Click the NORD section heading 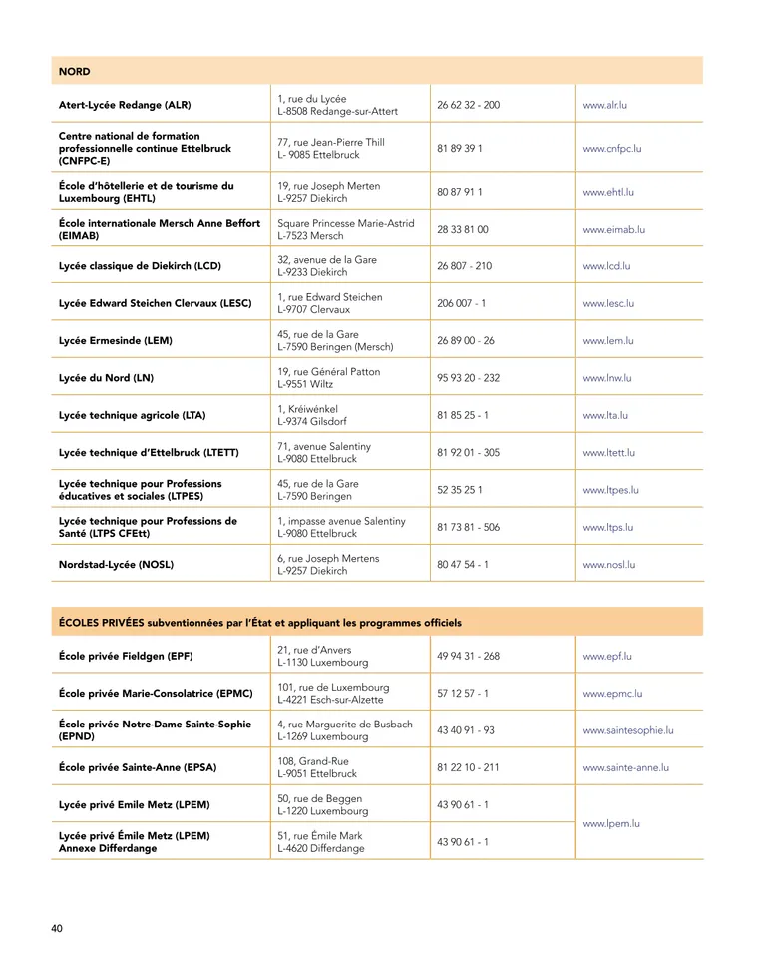coord(75,72)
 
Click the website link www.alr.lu coord(604,105)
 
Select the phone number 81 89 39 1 coord(460,149)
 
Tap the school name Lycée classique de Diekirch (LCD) coord(140,266)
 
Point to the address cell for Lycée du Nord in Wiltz coord(328,378)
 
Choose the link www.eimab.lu coord(613,229)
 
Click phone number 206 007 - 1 coord(462,303)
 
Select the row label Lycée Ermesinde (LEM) coord(116,341)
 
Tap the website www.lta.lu coord(604,415)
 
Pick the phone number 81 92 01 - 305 coord(469,452)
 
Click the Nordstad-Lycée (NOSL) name coord(116,564)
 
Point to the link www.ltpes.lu coord(610,490)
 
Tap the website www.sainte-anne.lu coord(625,767)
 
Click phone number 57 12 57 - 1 coord(463,693)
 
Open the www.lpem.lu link coord(610,823)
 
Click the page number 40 coord(57,929)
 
